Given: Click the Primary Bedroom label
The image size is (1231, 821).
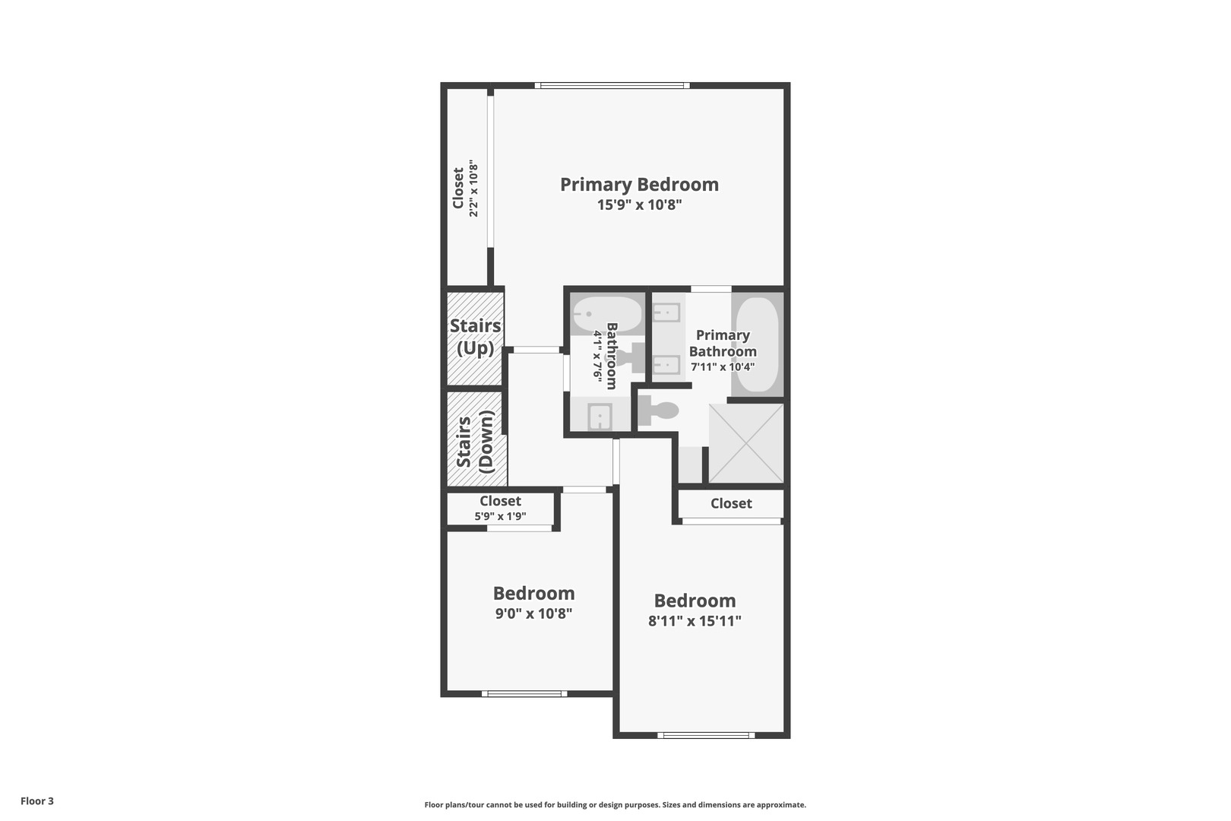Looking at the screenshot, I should tap(639, 185).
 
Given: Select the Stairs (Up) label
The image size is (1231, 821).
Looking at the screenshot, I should tap(475, 337).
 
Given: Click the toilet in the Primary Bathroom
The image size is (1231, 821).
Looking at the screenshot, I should tap(658, 411).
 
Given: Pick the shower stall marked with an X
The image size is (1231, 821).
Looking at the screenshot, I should tap(745, 442).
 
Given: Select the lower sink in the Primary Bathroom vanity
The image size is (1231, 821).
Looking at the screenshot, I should tap(666, 365).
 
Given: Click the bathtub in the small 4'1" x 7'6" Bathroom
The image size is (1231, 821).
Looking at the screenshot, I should tap(606, 313).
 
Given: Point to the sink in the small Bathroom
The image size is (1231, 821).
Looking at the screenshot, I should tap(600, 417).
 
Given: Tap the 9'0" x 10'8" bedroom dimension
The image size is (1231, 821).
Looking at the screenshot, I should tap(533, 613).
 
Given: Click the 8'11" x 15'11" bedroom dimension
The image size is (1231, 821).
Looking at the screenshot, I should tap(695, 621).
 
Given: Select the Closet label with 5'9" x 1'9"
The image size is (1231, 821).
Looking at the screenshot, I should tap(500, 502).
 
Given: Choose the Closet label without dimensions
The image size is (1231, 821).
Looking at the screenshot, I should tap(731, 503).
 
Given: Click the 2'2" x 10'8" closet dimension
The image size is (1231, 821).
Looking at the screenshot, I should tap(473, 188).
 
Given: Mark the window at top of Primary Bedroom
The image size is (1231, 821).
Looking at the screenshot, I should tap(612, 85).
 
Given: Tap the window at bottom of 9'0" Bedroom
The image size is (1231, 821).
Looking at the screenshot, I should tap(524, 693).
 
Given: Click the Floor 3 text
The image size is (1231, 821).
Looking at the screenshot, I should tap(37, 800).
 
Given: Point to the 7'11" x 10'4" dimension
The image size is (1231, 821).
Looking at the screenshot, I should tap(722, 367).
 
